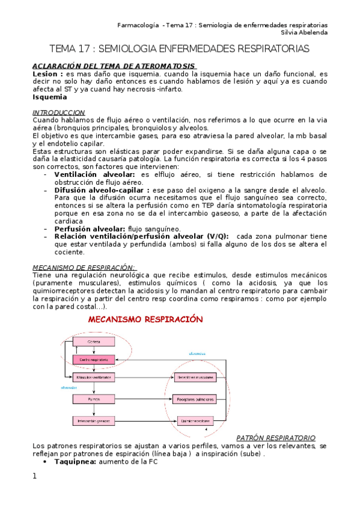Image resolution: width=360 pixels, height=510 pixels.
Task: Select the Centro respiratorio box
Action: tap(94, 360)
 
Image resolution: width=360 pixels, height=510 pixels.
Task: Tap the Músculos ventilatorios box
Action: tap(94, 378)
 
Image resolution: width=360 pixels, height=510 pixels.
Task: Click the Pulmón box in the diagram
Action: tap(94, 398)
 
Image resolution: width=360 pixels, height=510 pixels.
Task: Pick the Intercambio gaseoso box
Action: tap(94, 420)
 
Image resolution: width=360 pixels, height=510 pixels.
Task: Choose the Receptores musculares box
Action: tap(195, 378)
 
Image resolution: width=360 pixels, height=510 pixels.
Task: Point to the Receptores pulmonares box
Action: tap(195, 398)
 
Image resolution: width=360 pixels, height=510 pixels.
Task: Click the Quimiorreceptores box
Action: tap(195, 420)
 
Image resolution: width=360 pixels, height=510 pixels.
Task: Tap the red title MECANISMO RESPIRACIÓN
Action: tap(146, 319)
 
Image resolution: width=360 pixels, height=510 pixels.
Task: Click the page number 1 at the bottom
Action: tap(35, 476)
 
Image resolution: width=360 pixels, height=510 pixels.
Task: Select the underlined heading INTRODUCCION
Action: tap(58, 112)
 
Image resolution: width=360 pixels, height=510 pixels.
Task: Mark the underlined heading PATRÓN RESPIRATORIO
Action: tap(276, 437)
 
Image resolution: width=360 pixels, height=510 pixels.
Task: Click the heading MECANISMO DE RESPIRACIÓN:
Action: tap(84, 267)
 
